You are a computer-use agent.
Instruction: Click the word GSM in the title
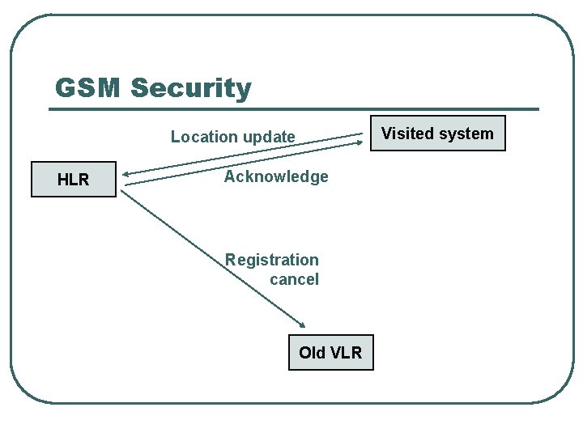click(x=87, y=87)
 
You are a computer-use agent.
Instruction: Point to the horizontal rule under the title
click(x=296, y=108)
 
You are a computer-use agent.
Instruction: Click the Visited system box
click(x=437, y=134)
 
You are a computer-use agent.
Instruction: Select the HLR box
click(x=74, y=180)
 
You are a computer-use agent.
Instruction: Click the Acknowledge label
click(x=276, y=176)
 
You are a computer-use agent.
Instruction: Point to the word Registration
click(x=271, y=260)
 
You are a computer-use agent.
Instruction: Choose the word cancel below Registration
click(x=294, y=279)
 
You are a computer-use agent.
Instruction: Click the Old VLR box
click(x=330, y=353)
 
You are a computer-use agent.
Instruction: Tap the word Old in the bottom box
click(x=313, y=353)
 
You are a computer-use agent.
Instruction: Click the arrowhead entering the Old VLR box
click(x=301, y=324)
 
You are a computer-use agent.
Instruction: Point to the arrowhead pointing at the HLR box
click(x=128, y=173)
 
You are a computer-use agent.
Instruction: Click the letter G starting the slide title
click(x=65, y=87)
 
